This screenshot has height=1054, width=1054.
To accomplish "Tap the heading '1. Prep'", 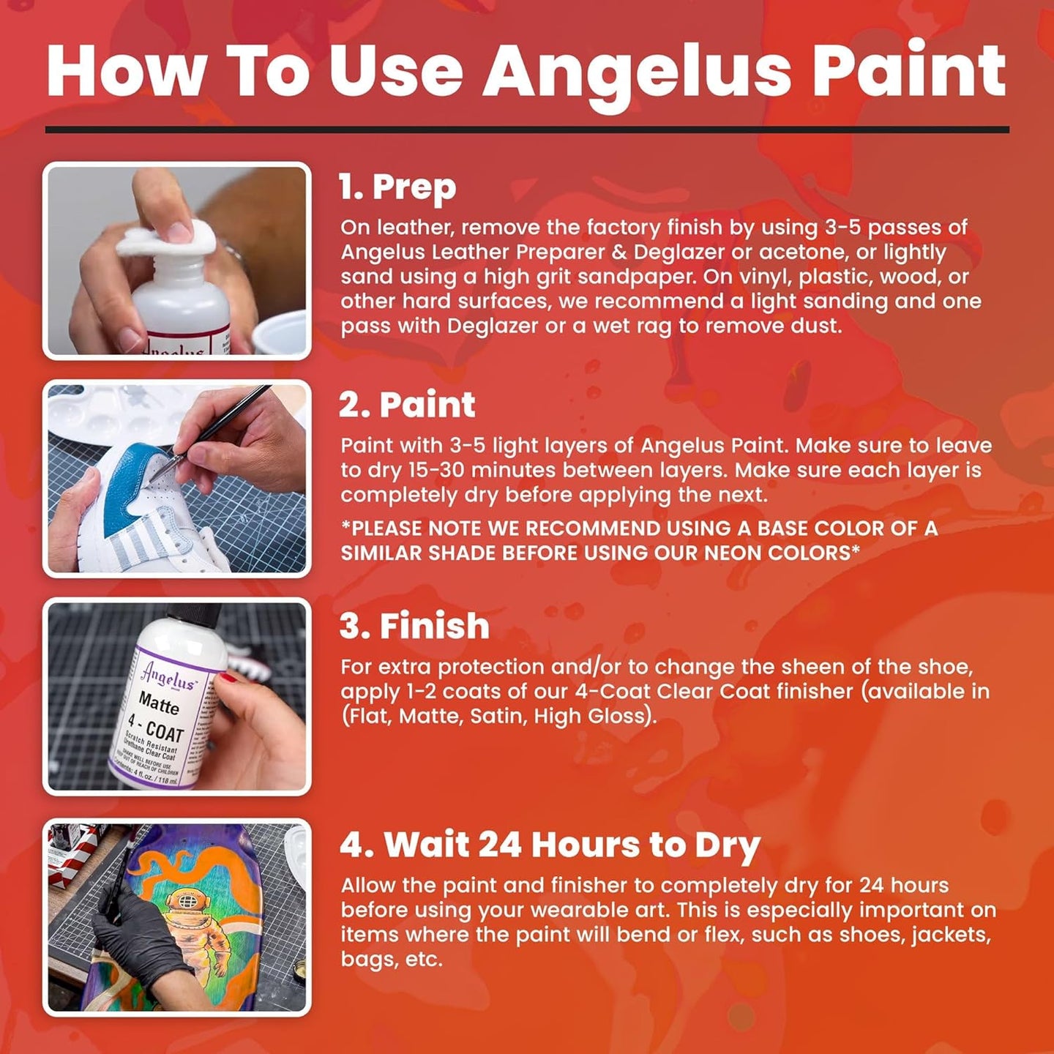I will (397, 187).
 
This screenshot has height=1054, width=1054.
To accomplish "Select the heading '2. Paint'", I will (407, 405).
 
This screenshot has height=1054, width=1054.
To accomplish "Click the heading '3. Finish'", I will (414, 627).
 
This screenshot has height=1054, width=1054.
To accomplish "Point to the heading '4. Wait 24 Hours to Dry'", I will (550, 845).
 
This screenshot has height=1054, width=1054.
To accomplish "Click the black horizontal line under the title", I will (527, 130).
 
